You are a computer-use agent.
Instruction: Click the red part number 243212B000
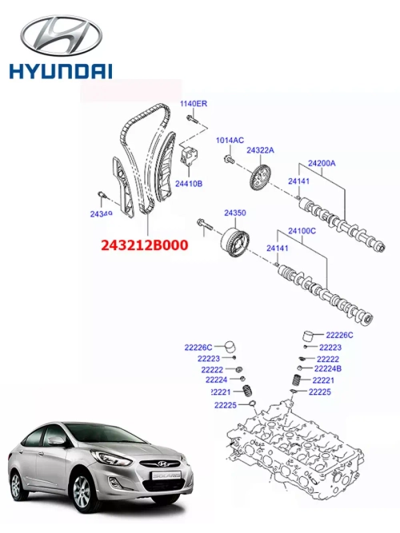coord(144,246)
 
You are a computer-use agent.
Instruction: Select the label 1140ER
coord(193,105)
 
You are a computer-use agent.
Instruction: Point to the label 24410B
coord(189,183)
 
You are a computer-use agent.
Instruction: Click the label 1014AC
coord(230,141)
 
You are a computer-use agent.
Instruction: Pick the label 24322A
coord(260,149)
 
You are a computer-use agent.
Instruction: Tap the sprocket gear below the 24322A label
coord(259,177)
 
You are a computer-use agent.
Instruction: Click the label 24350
coord(234,213)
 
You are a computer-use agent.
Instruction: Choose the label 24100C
coord(301,232)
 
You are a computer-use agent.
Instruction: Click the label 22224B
coord(327,368)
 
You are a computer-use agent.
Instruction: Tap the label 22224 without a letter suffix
coord(215,380)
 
